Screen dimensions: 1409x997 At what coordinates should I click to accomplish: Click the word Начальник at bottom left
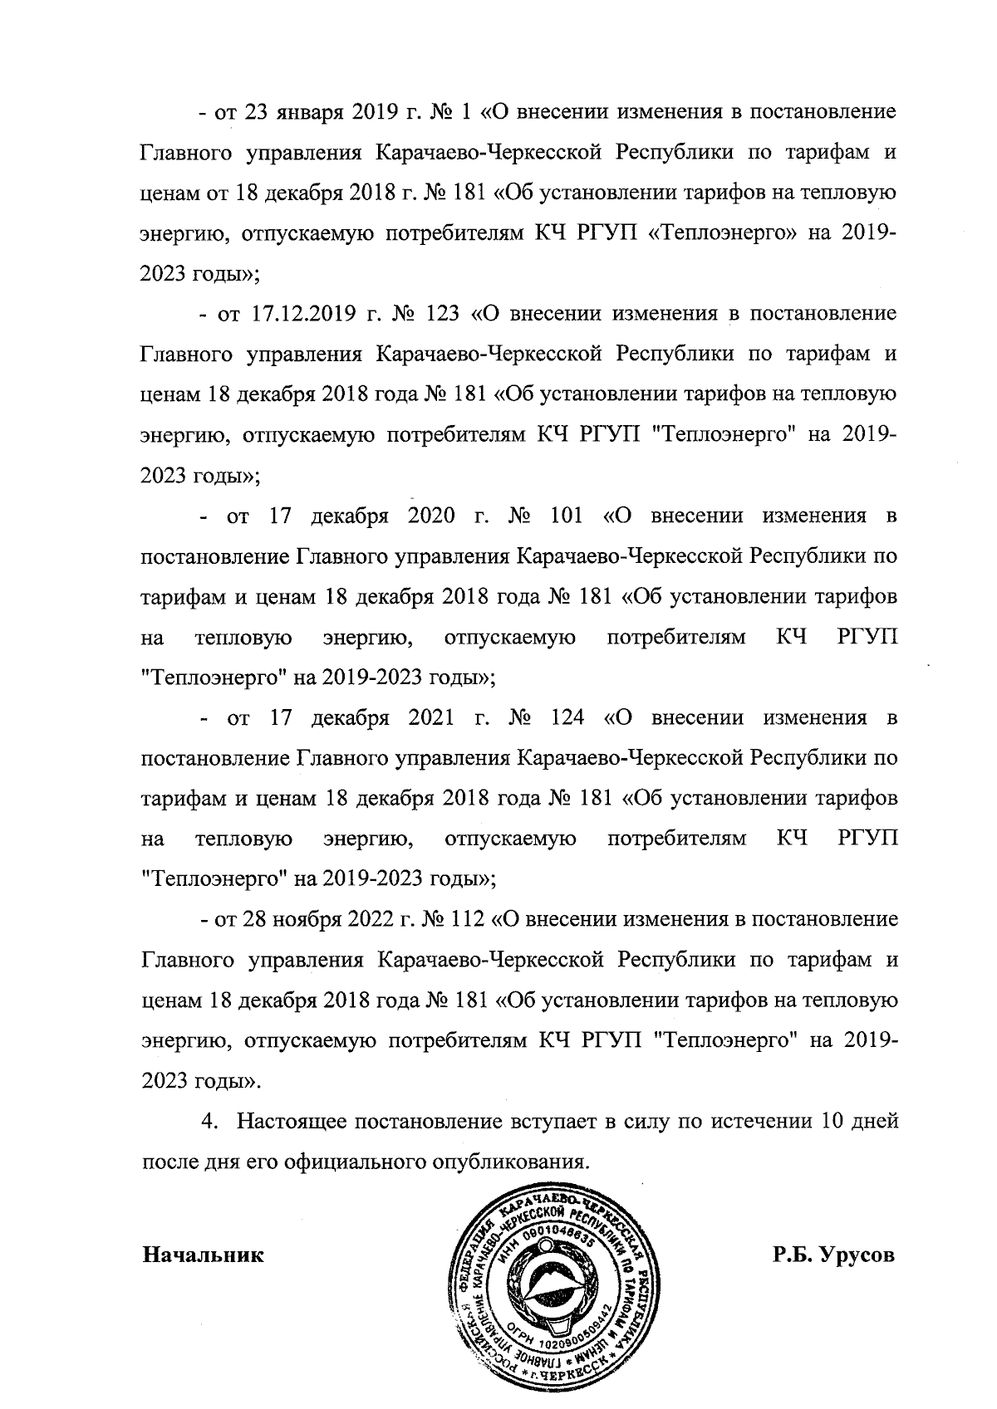click(204, 1255)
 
